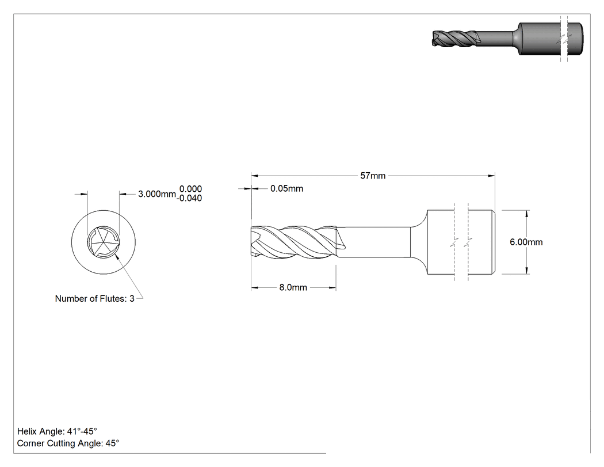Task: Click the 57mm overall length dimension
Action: (x=373, y=176)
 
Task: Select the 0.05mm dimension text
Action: (x=286, y=188)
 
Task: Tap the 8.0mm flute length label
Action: (x=293, y=288)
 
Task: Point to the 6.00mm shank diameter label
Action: (x=526, y=242)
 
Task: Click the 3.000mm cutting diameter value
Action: (x=157, y=194)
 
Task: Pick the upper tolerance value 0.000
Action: (x=190, y=189)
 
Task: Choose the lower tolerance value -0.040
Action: (x=189, y=198)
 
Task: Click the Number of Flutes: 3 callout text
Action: (x=95, y=298)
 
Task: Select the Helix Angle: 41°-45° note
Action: (x=57, y=431)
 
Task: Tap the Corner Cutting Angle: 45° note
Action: (x=68, y=443)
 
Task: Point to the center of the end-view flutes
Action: (x=103, y=242)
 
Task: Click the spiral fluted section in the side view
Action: (x=294, y=242)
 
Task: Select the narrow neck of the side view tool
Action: (x=374, y=242)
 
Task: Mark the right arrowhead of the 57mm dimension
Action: (x=491, y=176)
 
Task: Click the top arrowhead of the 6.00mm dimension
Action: (x=526, y=214)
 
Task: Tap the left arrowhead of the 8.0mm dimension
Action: (x=255, y=288)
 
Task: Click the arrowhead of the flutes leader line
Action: (x=116, y=257)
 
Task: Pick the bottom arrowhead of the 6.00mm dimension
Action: (x=526, y=271)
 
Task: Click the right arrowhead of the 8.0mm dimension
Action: (x=332, y=288)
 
